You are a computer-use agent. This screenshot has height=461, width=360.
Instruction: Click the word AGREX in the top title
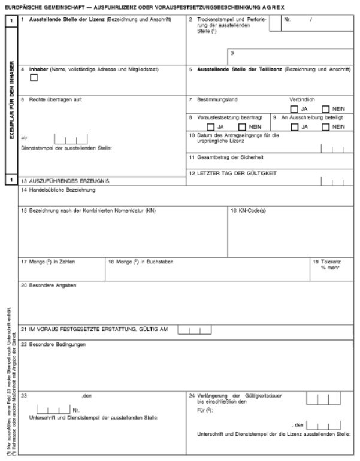[x=272, y=6]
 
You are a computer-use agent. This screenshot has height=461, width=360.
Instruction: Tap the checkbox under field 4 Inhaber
[x=34, y=77]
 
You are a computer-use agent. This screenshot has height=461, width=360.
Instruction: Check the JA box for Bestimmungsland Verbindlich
[x=294, y=109]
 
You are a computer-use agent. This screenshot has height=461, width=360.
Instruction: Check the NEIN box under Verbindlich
[x=325, y=109]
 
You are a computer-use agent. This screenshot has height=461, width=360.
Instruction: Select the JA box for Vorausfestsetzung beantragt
[x=210, y=127]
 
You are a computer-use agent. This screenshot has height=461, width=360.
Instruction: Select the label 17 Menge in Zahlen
[x=47, y=262]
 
